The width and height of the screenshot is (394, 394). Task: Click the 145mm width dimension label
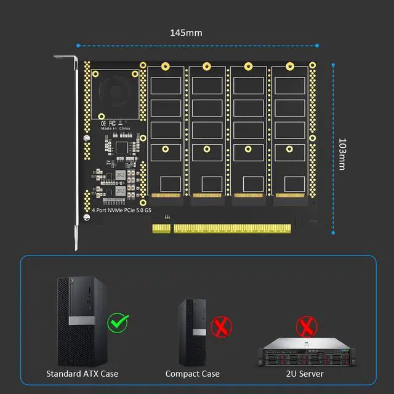point(186,33)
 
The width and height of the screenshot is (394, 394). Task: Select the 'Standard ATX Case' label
point(82,374)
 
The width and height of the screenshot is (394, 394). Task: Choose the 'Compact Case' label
point(192,374)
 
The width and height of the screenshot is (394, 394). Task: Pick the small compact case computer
point(191,332)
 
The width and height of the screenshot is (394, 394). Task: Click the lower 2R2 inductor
point(120,191)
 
